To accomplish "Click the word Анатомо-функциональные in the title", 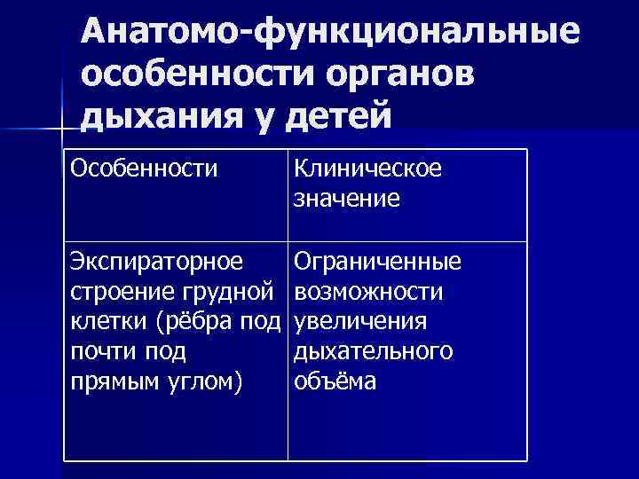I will coord(329,33).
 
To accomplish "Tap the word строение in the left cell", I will coord(114,292).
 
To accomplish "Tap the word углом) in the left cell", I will coord(207,381).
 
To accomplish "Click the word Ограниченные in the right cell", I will coord(377,262).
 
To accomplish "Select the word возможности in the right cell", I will coord(368,292).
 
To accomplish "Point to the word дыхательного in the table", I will coord(374,351).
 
